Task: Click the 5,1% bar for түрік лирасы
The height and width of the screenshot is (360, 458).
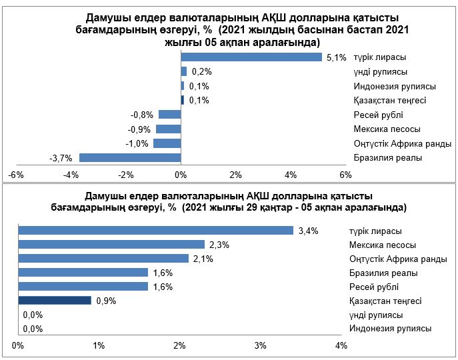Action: coord(251,57)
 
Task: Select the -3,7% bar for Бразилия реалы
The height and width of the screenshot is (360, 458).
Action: coord(130,158)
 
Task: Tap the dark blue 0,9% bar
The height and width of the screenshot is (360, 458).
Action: coord(55,301)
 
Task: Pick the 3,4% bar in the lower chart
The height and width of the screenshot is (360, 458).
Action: coord(156,231)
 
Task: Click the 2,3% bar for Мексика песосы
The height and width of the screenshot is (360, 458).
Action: coord(111,245)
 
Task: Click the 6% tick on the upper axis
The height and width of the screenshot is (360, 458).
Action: coord(345,175)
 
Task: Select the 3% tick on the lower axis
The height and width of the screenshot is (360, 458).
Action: coord(260,346)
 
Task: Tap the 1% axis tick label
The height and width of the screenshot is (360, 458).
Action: coord(99,346)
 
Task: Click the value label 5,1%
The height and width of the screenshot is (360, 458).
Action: coord(335,58)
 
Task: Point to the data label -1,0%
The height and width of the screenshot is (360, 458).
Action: coord(138,144)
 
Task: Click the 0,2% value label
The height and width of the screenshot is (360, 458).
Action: coord(201,72)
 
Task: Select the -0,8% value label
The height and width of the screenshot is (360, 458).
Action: coord(143,115)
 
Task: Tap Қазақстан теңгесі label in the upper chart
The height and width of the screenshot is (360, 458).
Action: coord(390,101)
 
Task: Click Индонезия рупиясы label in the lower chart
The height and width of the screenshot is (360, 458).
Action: coord(390,329)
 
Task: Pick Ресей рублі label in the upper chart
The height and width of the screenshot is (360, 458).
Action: coord(378,115)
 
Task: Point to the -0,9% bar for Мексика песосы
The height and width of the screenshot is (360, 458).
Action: coord(168,129)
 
